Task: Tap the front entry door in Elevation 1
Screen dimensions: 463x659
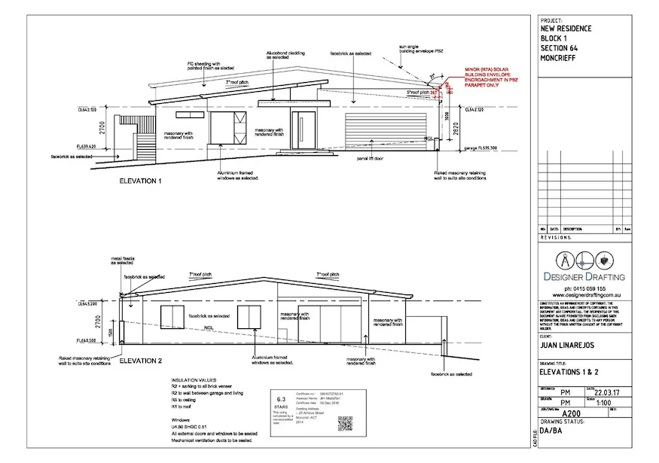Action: (304, 129)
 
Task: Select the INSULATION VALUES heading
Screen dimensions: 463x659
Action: (194, 382)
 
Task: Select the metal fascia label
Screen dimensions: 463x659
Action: (122, 261)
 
